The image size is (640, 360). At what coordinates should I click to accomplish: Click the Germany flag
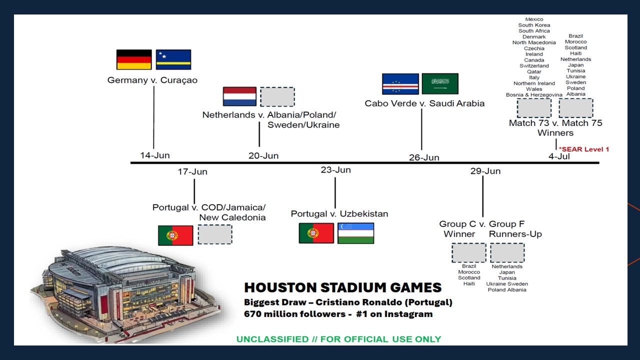pos(134,59)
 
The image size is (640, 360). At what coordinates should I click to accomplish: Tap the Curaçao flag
pos(173,59)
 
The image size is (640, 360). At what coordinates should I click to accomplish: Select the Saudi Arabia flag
pos(440,83)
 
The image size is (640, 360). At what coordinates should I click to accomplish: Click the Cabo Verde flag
pos(400,83)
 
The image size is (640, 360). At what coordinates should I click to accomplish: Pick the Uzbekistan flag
pos(355,233)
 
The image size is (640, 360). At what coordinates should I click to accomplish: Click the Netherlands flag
pos(239,96)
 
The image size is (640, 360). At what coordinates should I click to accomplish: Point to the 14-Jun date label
pos(155,155)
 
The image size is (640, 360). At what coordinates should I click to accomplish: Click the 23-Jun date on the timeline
pos(335,170)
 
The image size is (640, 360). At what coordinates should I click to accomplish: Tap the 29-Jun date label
pos(485,171)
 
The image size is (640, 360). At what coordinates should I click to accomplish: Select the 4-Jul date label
pos(559,156)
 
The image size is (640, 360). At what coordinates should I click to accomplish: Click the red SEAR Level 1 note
pos(583,149)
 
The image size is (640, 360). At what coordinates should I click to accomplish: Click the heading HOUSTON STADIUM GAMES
pos(343,287)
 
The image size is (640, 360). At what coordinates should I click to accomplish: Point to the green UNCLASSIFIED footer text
pos(339,339)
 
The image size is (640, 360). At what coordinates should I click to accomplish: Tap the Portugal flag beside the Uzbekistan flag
pos(316,233)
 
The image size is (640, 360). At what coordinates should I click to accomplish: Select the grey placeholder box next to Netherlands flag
pos(277,97)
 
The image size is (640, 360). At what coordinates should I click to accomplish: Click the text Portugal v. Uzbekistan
pos(339,213)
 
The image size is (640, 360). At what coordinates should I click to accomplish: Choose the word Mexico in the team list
pos(534,19)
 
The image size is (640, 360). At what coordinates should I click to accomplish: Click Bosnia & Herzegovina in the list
pos(534,95)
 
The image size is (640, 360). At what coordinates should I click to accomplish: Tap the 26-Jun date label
pos(424,157)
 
